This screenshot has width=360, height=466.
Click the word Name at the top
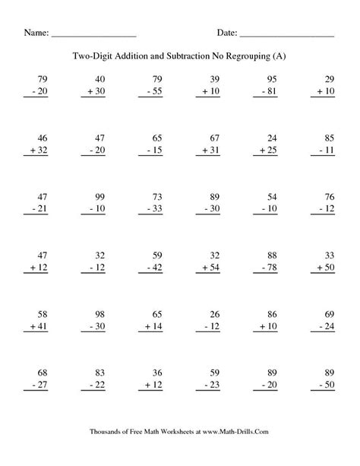point(36,33)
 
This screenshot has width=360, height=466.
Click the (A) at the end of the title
point(280,57)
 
